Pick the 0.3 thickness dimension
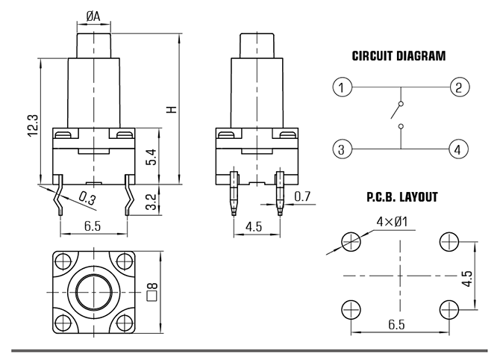coord(87,198)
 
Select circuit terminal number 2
coord(458,87)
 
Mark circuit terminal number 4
coord(458,149)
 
